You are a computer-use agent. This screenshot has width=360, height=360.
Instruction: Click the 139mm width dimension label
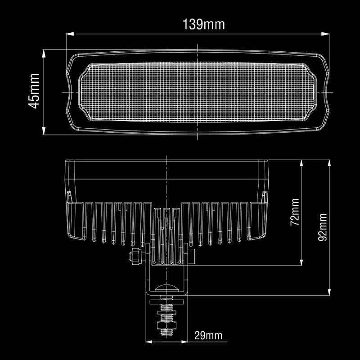click(x=203, y=24)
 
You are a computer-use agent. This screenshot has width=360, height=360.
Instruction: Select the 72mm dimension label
click(x=294, y=212)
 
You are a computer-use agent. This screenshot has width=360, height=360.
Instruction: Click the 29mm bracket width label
click(x=208, y=335)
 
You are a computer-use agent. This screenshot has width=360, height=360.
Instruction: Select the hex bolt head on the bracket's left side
click(x=134, y=256)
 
